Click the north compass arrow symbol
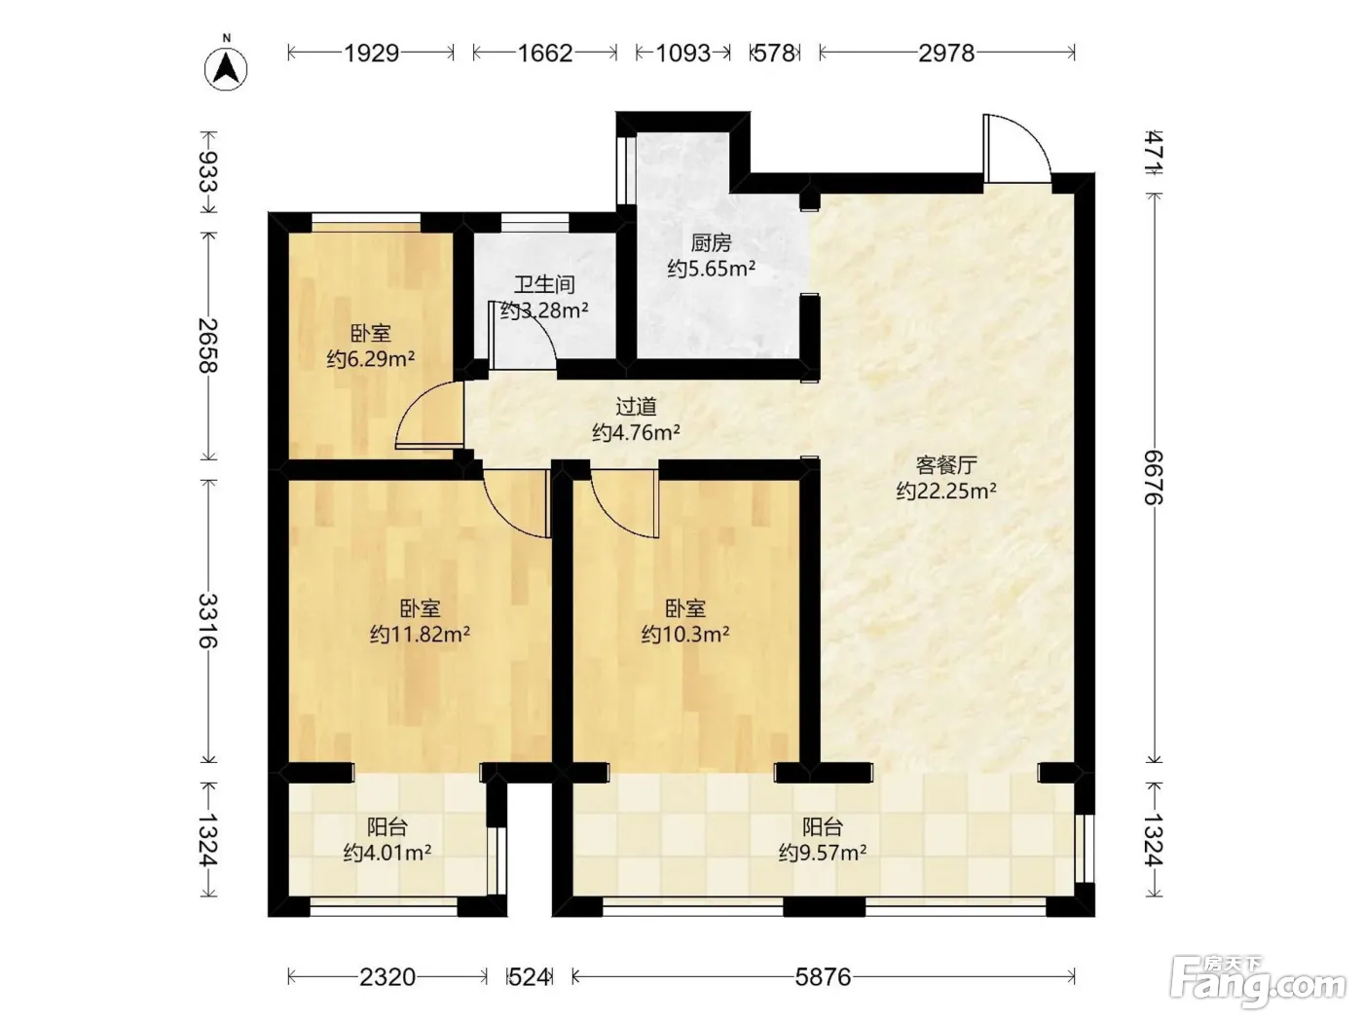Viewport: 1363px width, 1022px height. (x=226, y=68)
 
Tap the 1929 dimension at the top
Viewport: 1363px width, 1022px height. (x=371, y=54)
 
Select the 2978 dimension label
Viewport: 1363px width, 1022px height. (x=946, y=54)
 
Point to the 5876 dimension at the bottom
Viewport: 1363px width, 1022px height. (x=823, y=977)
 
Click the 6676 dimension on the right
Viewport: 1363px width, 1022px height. (x=1155, y=478)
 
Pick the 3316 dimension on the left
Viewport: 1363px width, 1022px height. (x=208, y=621)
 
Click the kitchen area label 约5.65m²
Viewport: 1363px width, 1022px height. (x=712, y=270)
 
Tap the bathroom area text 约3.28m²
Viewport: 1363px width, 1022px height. (x=544, y=310)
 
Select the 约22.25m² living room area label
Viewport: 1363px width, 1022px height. (x=946, y=491)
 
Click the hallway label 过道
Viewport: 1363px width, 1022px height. (x=637, y=407)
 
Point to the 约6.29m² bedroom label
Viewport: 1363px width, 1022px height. (x=371, y=358)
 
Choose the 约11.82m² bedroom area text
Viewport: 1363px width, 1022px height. (x=420, y=635)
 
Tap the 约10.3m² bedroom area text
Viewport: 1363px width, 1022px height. (x=685, y=635)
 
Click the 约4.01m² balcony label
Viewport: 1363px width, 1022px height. (x=387, y=854)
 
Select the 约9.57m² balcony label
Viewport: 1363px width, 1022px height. (x=823, y=854)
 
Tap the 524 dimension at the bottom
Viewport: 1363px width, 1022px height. (x=529, y=977)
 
